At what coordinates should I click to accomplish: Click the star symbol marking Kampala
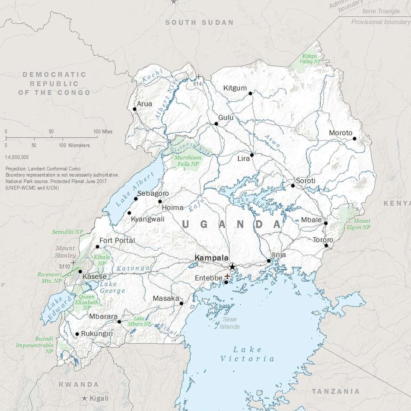[x=232, y=267]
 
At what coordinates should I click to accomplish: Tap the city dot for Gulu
[x=216, y=124]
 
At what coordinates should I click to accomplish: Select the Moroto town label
[x=341, y=133]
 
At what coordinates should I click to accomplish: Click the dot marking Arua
[x=134, y=109]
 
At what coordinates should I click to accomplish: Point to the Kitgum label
[x=235, y=88]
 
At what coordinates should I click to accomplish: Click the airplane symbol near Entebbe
[x=227, y=276]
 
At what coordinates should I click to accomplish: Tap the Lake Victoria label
[x=247, y=354]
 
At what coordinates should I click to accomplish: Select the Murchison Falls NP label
[x=188, y=161]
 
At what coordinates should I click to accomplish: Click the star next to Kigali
[x=85, y=398]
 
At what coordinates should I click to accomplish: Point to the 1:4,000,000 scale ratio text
[x=17, y=157]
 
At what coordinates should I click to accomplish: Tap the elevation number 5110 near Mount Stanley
[x=64, y=267]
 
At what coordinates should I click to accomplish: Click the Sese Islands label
[x=229, y=323]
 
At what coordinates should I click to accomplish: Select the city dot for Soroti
[x=293, y=185]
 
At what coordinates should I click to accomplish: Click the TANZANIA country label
[x=336, y=391]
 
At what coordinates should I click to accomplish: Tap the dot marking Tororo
[x=326, y=245]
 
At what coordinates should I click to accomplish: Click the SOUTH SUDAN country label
[x=199, y=22]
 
